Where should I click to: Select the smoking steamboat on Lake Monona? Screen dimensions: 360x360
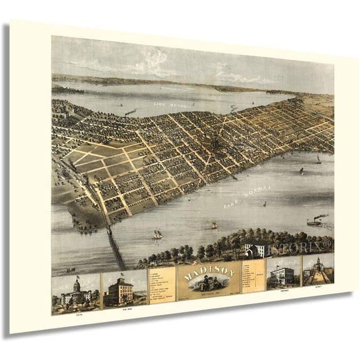click(316, 219)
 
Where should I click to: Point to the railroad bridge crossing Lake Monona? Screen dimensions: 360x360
click(114, 247)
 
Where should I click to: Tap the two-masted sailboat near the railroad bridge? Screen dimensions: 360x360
click(157, 234)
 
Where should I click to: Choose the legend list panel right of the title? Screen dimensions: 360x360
click(252, 277)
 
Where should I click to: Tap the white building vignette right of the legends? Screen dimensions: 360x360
click(282, 274)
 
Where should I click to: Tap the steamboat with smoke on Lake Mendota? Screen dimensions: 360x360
click(130, 112)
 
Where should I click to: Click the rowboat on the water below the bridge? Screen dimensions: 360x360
click(71, 270)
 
